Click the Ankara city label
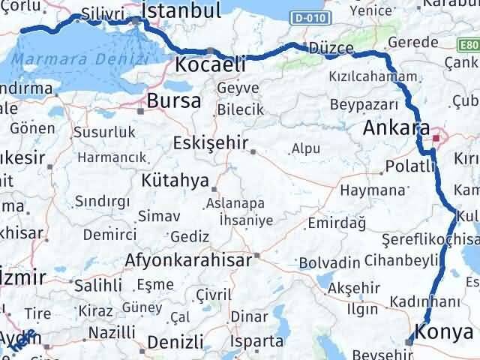tap(395, 127)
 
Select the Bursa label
tap(174, 100)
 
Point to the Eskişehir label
tap(209, 142)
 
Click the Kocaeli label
tap(209, 65)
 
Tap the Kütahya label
tap(174, 181)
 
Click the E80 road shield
tap(470, 46)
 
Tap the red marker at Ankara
tap(436, 137)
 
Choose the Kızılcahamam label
tap(372, 77)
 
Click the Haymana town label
tap(372, 190)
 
